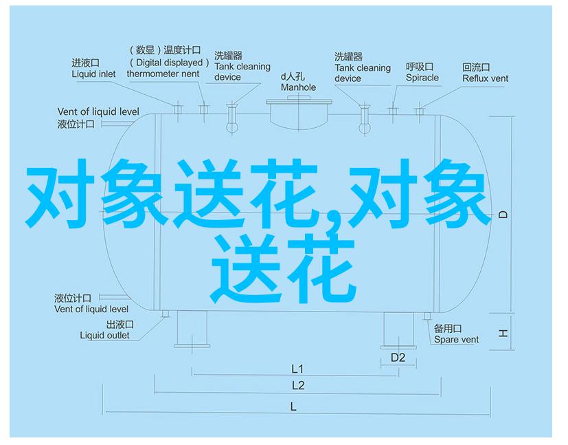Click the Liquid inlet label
click(93, 74)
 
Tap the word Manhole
click(298, 87)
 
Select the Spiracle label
click(422, 78)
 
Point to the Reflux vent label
click(485, 78)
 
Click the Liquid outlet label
click(104, 336)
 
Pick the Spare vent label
click(456, 340)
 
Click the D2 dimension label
click(398, 358)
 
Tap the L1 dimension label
click(297, 369)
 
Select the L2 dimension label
click(298, 386)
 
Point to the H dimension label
click(503, 333)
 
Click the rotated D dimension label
click(503, 215)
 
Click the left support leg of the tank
click(192, 329)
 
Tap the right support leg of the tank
click(398, 330)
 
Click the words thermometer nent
click(163, 74)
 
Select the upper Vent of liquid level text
click(98, 111)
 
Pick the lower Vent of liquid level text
click(91, 310)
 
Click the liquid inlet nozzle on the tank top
click(177, 109)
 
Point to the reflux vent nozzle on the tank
click(420, 111)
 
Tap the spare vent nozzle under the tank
click(427, 316)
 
